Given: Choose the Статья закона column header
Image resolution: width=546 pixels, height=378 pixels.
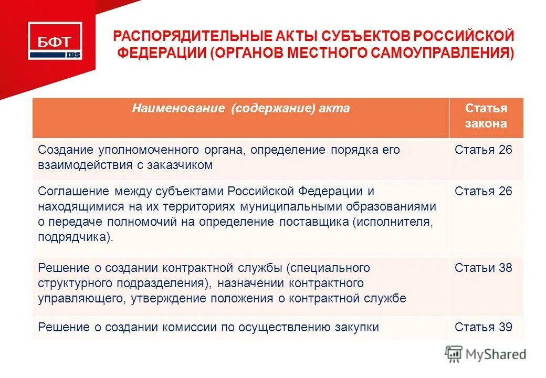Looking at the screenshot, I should [486, 116].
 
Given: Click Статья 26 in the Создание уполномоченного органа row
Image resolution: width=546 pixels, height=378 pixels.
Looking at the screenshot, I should [483, 150].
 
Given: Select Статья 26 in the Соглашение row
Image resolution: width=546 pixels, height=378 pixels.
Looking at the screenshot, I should [483, 191].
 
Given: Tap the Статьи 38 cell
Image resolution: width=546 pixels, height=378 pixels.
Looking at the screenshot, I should [483, 268].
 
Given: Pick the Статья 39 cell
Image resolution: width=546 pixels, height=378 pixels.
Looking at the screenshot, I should [483, 327].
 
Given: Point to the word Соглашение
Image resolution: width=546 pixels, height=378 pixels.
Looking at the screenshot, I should [73, 191].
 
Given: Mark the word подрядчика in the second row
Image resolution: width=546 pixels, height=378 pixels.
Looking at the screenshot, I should [73, 237].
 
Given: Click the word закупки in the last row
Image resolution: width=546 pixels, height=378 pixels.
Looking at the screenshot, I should [357, 327].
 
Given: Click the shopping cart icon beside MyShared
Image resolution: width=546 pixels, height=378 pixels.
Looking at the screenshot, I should [454, 354].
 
